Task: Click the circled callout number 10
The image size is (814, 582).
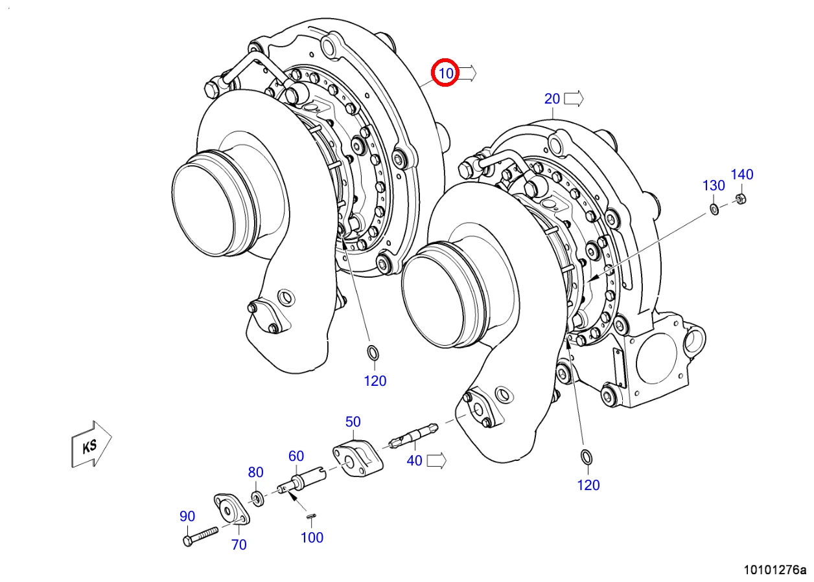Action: point(446,73)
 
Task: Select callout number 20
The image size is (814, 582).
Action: point(552,99)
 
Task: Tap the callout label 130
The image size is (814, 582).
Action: point(714,186)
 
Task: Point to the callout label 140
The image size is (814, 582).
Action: point(742,175)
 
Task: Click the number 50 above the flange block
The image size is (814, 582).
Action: point(353,421)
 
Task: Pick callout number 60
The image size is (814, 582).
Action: point(296,456)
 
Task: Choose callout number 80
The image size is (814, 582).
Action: point(255,472)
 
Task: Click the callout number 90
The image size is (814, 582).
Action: point(187,516)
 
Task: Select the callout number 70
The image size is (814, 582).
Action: point(238,544)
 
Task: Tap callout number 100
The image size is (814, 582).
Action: point(312,537)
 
